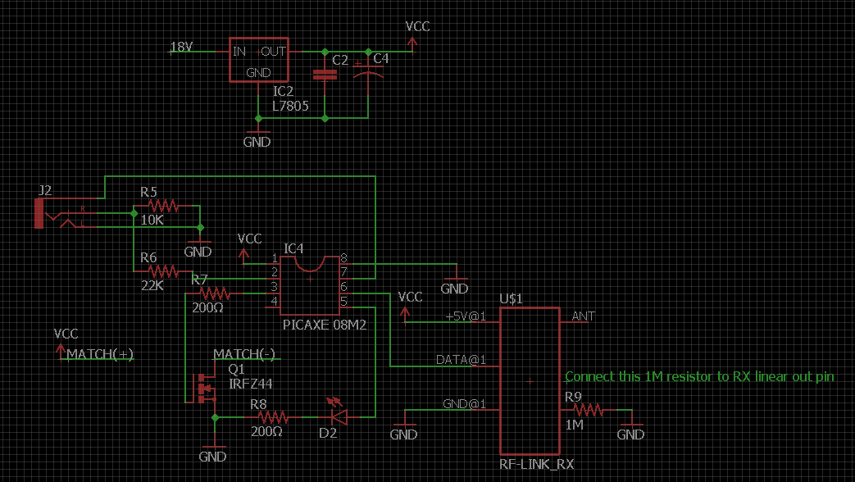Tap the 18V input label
[181, 48]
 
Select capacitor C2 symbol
[325, 75]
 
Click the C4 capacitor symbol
[368, 75]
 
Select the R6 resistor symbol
[162, 271]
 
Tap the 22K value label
[152, 285]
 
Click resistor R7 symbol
[216, 293]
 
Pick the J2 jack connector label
[45, 191]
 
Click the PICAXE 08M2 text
[324, 325]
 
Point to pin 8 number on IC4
[344, 258]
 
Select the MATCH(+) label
[100, 354]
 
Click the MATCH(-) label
[244, 354]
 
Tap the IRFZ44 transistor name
[251, 384]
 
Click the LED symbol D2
[335, 416]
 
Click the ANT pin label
[584, 316]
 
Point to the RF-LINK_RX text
[537, 464]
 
